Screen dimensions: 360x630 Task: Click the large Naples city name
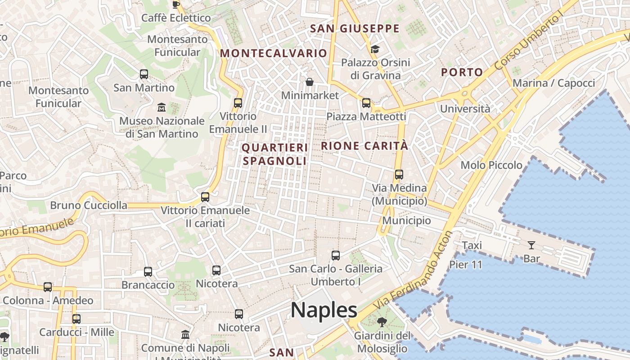(x=324, y=310)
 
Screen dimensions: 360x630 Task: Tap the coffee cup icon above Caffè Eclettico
(x=176, y=4)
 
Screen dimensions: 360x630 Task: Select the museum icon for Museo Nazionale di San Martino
(x=162, y=107)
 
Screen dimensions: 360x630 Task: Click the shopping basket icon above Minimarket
(x=310, y=82)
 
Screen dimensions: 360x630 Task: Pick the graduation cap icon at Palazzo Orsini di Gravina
(x=375, y=49)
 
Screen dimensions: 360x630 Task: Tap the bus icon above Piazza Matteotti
(x=366, y=103)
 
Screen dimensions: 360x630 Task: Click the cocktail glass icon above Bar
(x=531, y=245)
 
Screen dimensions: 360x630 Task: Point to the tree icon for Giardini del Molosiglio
(x=382, y=322)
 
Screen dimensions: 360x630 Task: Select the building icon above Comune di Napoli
(x=185, y=335)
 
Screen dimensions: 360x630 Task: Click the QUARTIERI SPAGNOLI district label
(x=275, y=154)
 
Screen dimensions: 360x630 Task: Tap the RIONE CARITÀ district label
(x=364, y=146)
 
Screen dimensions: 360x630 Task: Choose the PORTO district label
(x=462, y=72)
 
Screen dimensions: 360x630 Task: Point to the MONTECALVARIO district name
(x=273, y=53)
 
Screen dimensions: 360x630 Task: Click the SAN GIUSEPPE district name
(x=355, y=29)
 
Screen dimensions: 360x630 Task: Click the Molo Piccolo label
(x=491, y=165)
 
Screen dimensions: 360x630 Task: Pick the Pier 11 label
(x=466, y=265)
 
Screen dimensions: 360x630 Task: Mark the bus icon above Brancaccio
(x=148, y=272)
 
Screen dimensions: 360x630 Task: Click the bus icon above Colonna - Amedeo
(x=48, y=287)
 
